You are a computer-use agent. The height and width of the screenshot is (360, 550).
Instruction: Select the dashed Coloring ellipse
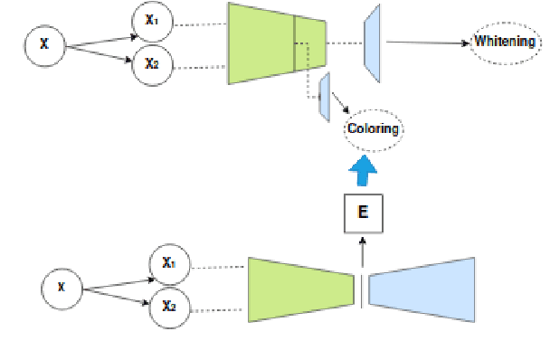pyautogui.click(x=375, y=128)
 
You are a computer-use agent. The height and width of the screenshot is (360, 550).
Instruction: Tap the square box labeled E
pyautogui.click(x=363, y=213)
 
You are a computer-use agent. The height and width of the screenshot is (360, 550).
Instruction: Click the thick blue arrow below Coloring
pyautogui.click(x=364, y=168)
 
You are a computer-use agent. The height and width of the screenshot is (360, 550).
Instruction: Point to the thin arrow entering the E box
pyautogui.click(x=363, y=248)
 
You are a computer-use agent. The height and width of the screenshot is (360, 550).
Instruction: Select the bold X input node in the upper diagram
pyautogui.click(x=44, y=43)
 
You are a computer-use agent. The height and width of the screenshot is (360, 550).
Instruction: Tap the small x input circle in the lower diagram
pyautogui.click(x=62, y=289)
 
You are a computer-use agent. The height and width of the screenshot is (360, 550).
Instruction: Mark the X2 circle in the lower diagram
pyautogui.click(x=169, y=305)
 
